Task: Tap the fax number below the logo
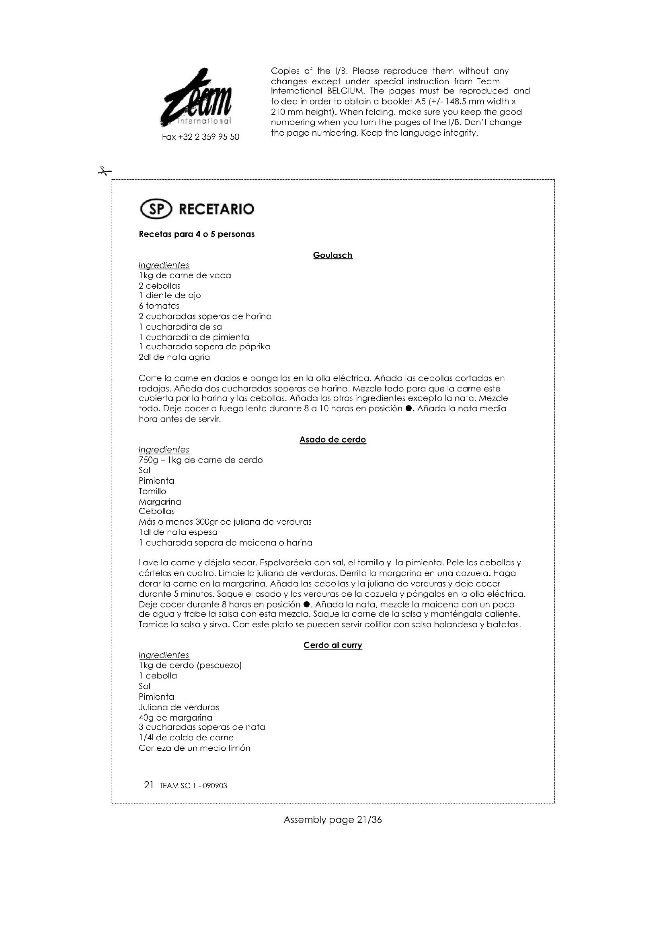pyautogui.click(x=201, y=137)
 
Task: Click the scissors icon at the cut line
pyautogui.click(x=104, y=171)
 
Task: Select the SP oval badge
pyautogui.click(x=156, y=210)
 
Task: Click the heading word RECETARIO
pyautogui.click(x=217, y=210)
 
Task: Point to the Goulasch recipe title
pyautogui.click(x=332, y=255)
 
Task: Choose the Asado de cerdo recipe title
pyautogui.click(x=332, y=440)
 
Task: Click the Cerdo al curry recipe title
pyautogui.click(x=332, y=645)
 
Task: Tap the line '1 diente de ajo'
pyautogui.click(x=170, y=295)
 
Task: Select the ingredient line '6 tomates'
pyautogui.click(x=159, y=306)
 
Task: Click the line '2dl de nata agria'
pyautogui.click(x=174, y=357)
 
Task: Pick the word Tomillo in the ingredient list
pyautogui.click(x=152, y=491)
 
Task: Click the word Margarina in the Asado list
pyautogui.click(x=160, y=502)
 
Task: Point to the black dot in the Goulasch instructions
pyautogui.click(x=408, y=409)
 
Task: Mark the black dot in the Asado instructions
pyautogui.click(x=306, y=605)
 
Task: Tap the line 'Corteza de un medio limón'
pyautogui.click(x=195, y=748)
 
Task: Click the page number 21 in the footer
pyautogui.click(x=149, y=785)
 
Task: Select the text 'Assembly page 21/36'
pyautogui.click(x=332, y=820)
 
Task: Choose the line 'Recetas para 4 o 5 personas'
pyautogui.click(x=197, y=234)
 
